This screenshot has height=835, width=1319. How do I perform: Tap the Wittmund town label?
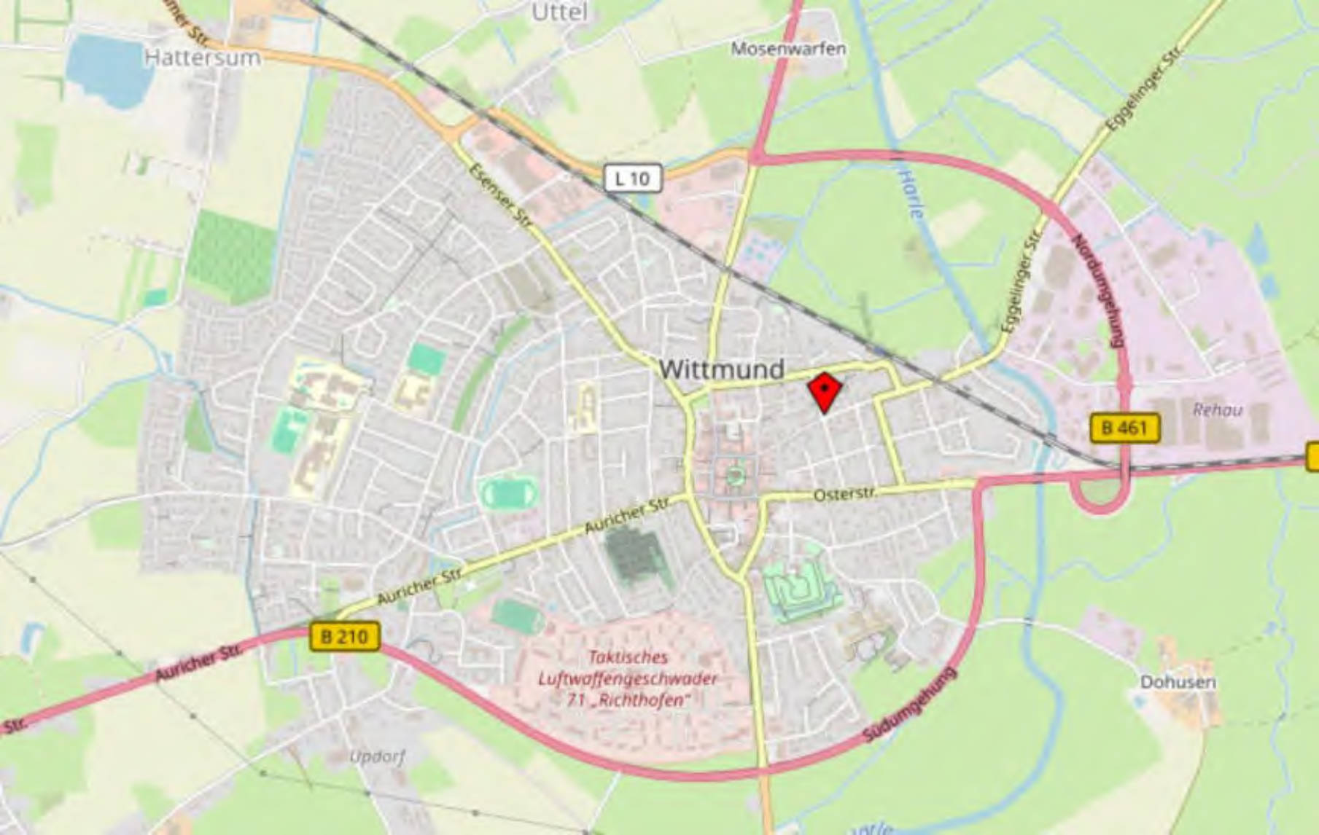(x=721, y=369)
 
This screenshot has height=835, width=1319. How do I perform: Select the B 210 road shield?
(x=345, y=637)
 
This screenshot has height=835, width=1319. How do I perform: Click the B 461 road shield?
(x=1124, y=428)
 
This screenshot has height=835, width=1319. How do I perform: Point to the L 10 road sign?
(x=632, y=179)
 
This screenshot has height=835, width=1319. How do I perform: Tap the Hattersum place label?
(x=202, y=58)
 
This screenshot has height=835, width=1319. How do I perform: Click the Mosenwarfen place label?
(x=788, y=49)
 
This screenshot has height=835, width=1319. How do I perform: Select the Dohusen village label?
(x=1178, y=682)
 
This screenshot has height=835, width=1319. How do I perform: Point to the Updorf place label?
(x=377, y=756)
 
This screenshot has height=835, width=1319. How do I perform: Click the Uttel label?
(x=559, y=12)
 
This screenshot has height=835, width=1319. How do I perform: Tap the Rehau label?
(x=1217, y=409)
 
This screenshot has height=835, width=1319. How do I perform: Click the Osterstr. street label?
(x=844, y=495)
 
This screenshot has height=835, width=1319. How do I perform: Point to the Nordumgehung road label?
(x=1097, y=290)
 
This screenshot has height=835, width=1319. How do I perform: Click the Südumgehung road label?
(x=909, y=705)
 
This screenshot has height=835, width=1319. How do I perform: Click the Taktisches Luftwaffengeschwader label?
(x=628, y=678)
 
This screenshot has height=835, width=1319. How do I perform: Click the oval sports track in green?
(x=509, y=493)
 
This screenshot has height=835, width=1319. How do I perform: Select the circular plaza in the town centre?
(x=734, y=477)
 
